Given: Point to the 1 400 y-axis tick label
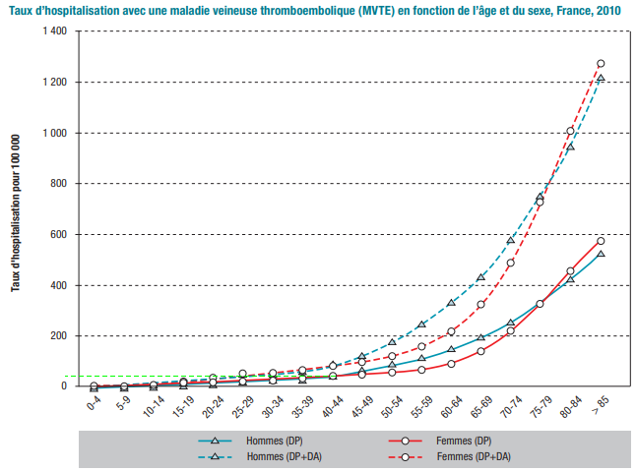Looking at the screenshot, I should click(52, 31).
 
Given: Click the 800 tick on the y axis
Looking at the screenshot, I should click(58, 184).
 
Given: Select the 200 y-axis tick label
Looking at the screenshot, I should click(58, 336).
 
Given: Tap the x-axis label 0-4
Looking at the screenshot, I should click(95, 403).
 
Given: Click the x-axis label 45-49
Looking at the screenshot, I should click(361, 406).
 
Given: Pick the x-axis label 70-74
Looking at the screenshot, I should click(510, 406).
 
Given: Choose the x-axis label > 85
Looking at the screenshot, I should click(600, 403).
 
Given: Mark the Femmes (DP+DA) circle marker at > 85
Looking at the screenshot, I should click(600, 64).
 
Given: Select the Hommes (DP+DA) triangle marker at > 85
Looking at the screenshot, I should click(600, 79).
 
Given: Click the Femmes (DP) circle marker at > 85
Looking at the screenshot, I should click(600, 241).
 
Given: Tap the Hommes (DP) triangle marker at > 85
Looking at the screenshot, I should click(600, 255).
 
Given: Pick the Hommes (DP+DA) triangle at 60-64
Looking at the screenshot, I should click(451, 303).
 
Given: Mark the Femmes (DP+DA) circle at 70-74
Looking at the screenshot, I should click(510, 263).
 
